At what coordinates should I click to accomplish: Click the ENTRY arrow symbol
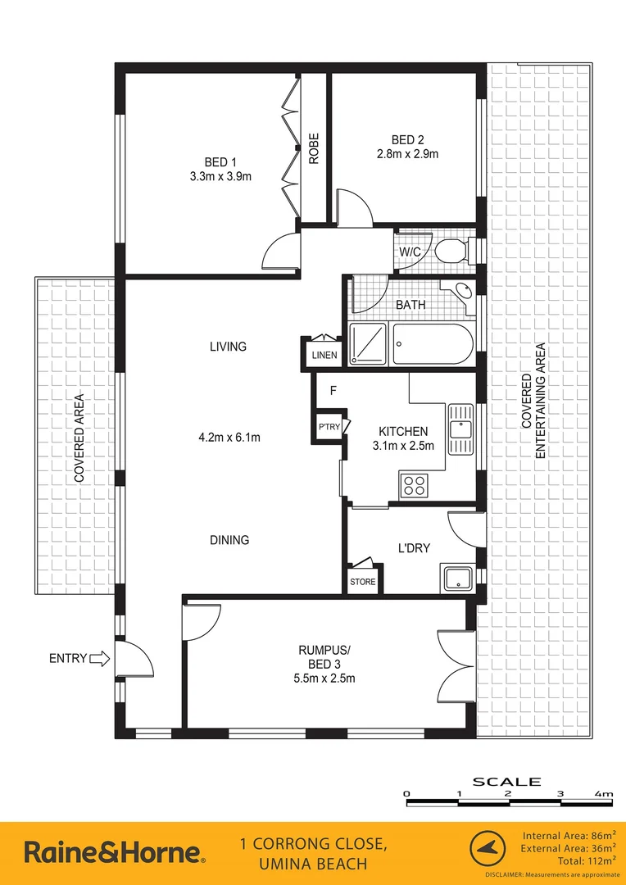coord(98,657)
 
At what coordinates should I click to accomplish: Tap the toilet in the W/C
coord(451,251)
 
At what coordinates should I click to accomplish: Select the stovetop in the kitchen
coord(414,484)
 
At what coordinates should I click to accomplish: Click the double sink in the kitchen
coord(461,430)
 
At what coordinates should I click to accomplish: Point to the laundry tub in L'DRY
coord(456,577)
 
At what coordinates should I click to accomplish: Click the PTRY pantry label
coord(329,427)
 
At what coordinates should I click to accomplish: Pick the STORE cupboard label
coord(362,582)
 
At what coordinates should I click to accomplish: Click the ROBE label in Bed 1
coord(314,149)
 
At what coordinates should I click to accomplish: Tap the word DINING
coord(229,540)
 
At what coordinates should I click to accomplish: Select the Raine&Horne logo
coord(115,852)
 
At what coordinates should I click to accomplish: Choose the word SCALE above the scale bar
coord(507,781)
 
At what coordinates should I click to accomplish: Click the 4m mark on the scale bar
coord(604,794)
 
